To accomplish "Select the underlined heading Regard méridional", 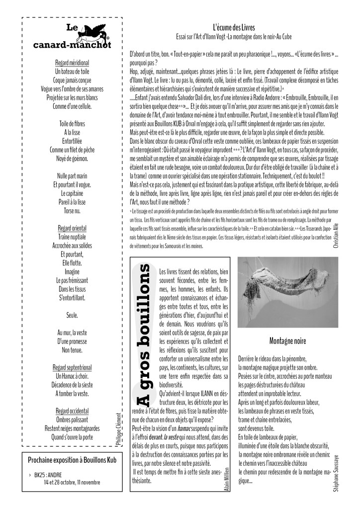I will point(72,64).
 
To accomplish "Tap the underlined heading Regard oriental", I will point(72,228).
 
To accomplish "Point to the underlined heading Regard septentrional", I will point(72,367).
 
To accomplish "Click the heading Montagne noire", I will point(287,341).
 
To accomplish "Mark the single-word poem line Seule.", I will point(72,315).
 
